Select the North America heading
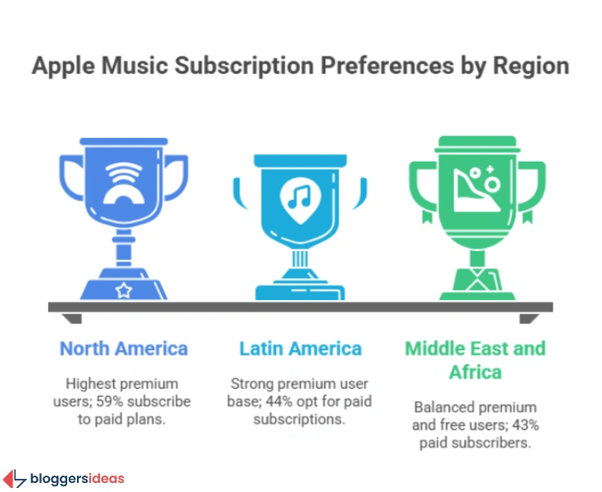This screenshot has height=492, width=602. [x=124, y=348]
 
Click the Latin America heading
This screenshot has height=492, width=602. [x=301, y=348]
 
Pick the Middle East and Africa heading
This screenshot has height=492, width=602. [x=475, y=359]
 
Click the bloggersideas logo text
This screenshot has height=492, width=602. [x=77, y=478]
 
